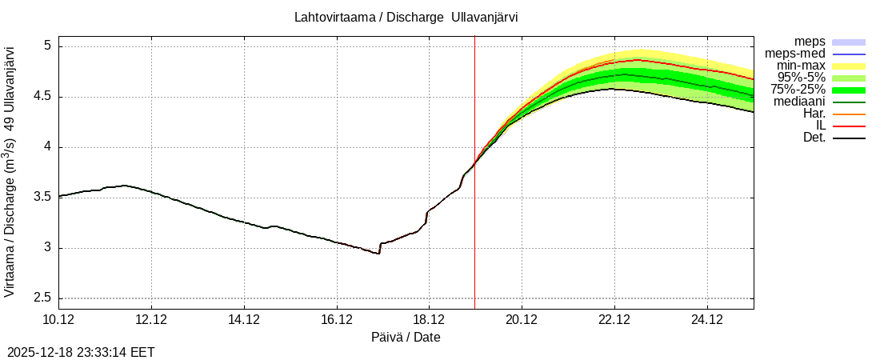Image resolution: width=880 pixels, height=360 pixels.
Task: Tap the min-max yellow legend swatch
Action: pos(849,66)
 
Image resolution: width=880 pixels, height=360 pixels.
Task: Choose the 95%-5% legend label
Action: pos(799,78)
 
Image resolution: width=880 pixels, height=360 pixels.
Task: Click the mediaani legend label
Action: pos(799,102)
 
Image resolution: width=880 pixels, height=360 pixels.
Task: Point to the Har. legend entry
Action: pos(814,114)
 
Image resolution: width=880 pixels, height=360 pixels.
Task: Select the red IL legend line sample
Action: pos(849,126)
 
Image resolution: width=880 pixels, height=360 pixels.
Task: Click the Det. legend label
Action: pos(814,138)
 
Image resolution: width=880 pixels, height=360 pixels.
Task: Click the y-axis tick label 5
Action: pos(47,46)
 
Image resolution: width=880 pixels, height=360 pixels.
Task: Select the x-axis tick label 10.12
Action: pos(58,320)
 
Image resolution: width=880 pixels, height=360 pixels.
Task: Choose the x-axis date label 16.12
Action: pos(336,320)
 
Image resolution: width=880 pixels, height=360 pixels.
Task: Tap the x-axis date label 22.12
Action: pos(614,320)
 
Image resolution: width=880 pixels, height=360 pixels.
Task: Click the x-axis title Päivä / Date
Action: pos(406,338)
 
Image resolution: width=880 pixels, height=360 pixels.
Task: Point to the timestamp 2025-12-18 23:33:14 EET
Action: pos(81,352)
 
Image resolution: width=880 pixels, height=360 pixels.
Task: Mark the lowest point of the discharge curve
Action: pos(378,254)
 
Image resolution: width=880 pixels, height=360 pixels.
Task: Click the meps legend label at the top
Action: pos(810,42)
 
